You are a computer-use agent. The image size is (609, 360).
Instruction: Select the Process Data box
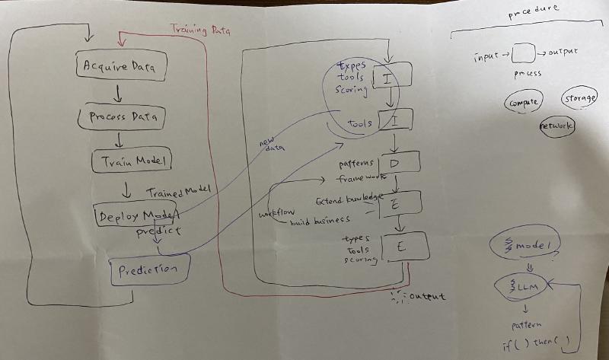[122, 118]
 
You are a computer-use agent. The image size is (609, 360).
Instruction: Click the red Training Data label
[200, 30]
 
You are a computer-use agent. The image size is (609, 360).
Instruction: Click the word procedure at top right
[533, 9]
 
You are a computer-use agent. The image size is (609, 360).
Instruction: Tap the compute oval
[522, 102]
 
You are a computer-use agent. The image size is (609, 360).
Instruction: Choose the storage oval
[579, 99]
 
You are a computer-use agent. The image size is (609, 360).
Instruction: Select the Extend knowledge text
[348, 199]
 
